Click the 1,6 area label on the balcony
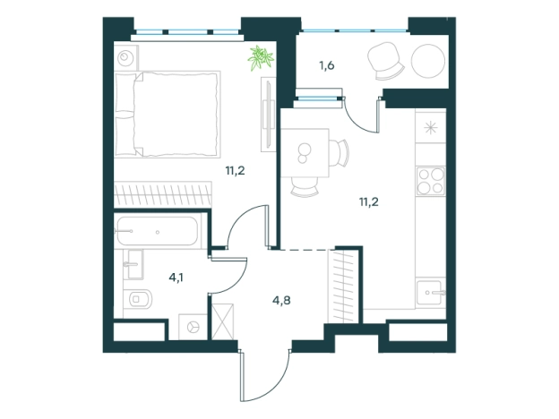coord(327,66)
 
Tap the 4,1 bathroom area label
coord(176,278)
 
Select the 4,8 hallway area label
coord(281,300)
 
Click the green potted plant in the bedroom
coord(261,57)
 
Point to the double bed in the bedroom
coord(168,114)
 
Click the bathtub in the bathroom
coord(158,232)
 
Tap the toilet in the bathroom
coord(138,298)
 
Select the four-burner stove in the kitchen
coord(431,181)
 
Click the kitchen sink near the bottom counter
coord(431,292)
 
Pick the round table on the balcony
coord(428,61)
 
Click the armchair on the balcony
coord(385,61)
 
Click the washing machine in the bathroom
coord(193,327)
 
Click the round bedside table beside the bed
coord(125,57)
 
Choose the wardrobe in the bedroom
coord(163,194)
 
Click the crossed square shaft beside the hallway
coord(222,321)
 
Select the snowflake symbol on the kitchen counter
coord(431,127)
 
